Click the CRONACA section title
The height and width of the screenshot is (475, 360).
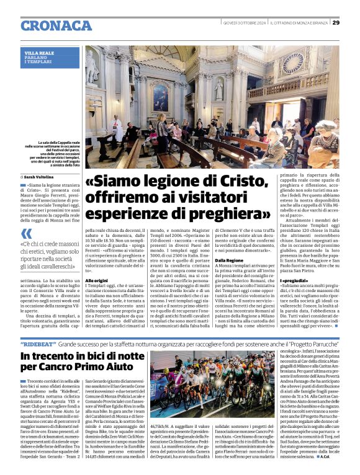coord(56,25)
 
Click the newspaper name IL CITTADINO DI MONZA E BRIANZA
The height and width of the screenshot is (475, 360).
coord(300,23)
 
